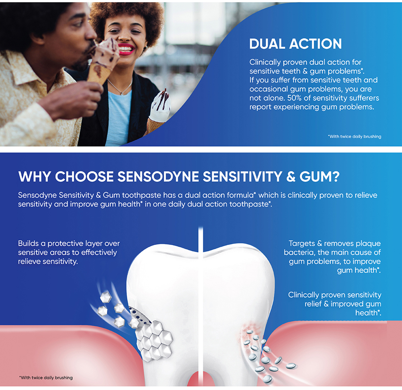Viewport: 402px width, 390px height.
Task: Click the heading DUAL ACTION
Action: click(295, 44)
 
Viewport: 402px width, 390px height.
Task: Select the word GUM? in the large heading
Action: click(319, 177)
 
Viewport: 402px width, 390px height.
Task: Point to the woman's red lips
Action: click(126, 49)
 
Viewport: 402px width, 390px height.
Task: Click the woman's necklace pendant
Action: click(122, 93)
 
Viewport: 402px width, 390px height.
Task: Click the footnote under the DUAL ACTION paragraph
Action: click(354, 137)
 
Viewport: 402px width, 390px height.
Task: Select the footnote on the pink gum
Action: click(46, 378)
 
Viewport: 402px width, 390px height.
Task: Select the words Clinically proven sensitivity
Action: click(335, 295)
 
